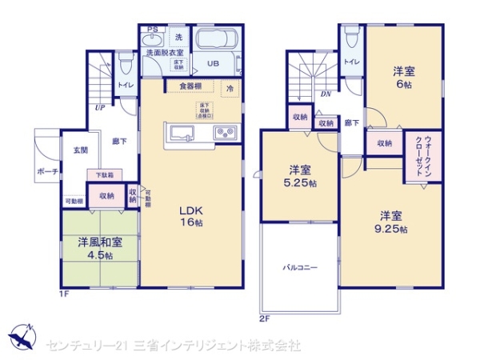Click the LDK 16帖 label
tap(190, 217)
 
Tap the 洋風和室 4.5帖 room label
tap(99, 247)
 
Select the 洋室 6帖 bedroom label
tap(403, 77)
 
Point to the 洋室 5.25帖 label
tap(302, 176)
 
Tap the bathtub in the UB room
tap(213, 41)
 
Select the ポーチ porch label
tap(46, 172)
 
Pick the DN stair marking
tap(326, 93)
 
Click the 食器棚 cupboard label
tap(190, 86)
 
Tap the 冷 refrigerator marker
tap(230, 88)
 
